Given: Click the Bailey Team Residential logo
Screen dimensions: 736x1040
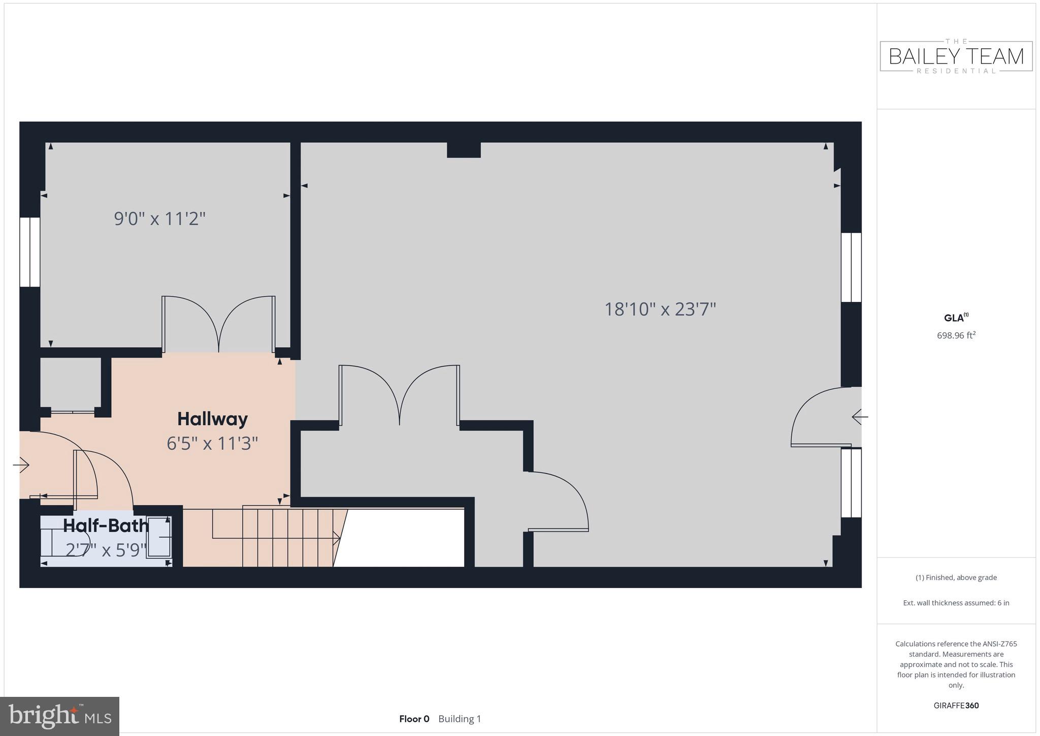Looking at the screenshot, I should (956, 56).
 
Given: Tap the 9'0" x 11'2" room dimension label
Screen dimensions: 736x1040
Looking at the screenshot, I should (159, 219).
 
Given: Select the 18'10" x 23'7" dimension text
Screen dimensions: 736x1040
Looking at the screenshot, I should (660, 309).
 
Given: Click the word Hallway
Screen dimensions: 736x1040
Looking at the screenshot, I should (212, 419).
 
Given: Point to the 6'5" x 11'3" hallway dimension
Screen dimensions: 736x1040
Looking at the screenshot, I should (212, 444).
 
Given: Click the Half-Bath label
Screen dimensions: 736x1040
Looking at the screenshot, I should (106, 526).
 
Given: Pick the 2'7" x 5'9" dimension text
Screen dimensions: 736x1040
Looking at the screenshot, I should (106, 550).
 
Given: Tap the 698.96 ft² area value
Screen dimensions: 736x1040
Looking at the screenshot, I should (956, 335).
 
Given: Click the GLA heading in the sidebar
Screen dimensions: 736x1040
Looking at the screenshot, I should (955, 318).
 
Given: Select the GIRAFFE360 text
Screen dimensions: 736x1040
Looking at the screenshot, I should (956, 706).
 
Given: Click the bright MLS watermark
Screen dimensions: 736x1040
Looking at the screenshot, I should (60, 717).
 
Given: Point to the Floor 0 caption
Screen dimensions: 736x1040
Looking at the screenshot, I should (414, 719).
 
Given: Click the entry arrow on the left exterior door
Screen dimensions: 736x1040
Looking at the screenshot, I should (21, 465).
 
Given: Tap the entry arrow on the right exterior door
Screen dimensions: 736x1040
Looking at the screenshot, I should (859, 417).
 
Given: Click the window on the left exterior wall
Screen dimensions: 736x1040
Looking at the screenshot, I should (30, 252).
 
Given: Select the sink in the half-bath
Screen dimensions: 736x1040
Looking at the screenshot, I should (159, 537).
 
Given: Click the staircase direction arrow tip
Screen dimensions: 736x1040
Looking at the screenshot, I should (338, 537).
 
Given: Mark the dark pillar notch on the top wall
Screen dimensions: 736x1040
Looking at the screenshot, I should (464, 149).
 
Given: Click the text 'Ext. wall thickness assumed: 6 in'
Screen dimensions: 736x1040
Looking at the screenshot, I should (956, 603).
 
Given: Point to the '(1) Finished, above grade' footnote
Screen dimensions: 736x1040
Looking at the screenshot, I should (956, 577).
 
